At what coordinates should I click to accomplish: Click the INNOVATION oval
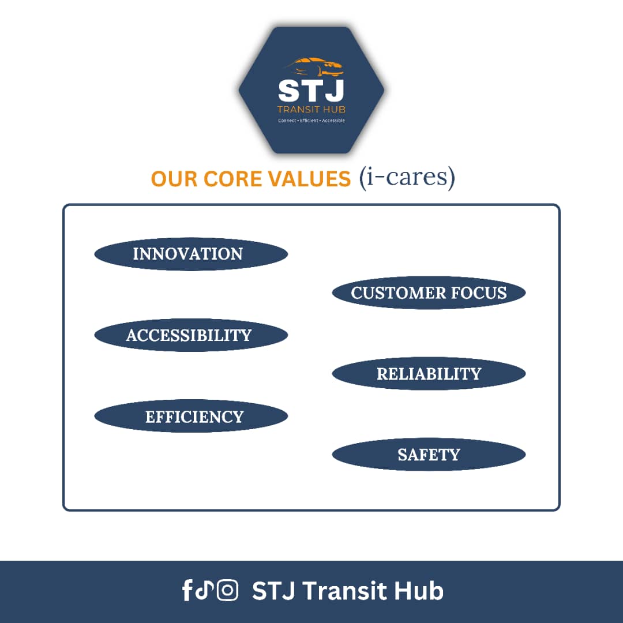[191, 254]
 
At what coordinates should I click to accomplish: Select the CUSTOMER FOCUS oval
[429, 293]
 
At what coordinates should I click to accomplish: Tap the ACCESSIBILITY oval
[191, 335]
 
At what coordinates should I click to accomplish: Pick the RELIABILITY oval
[429, 373]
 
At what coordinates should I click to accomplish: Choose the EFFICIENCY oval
[191, 416]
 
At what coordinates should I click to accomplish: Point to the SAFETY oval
[429, 455]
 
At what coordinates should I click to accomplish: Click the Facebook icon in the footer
[187, 590]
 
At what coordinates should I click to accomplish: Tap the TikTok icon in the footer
[205, 590]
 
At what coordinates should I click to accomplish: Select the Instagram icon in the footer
[228, 590]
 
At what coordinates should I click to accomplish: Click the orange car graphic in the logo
[315, 67]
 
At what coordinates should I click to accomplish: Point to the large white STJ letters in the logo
[311, 91]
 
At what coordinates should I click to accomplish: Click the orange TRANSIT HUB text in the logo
[311, 110]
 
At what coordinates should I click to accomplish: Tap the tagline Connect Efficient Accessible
[311, 121]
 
